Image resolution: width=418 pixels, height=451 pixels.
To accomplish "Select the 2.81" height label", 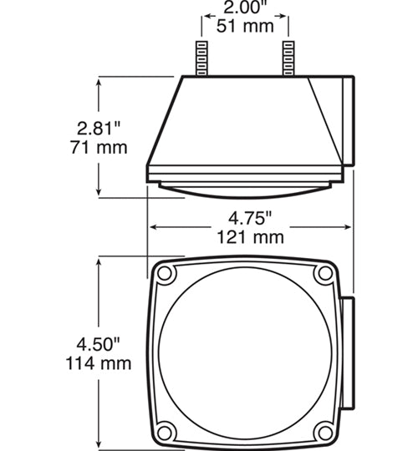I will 98,129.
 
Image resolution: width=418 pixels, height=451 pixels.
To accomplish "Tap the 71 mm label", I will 99,148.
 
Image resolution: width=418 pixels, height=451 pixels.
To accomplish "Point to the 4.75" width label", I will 251,219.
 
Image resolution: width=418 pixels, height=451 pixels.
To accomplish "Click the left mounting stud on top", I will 201,58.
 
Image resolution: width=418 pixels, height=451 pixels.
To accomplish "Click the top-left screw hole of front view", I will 166,275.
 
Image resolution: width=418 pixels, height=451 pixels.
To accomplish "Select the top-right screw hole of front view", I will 324,275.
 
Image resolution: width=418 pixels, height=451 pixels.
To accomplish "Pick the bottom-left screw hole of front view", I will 166,432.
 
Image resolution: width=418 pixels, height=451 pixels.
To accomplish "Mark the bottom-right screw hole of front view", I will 324,432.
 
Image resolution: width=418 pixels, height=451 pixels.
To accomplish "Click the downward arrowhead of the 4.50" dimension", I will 101,443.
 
